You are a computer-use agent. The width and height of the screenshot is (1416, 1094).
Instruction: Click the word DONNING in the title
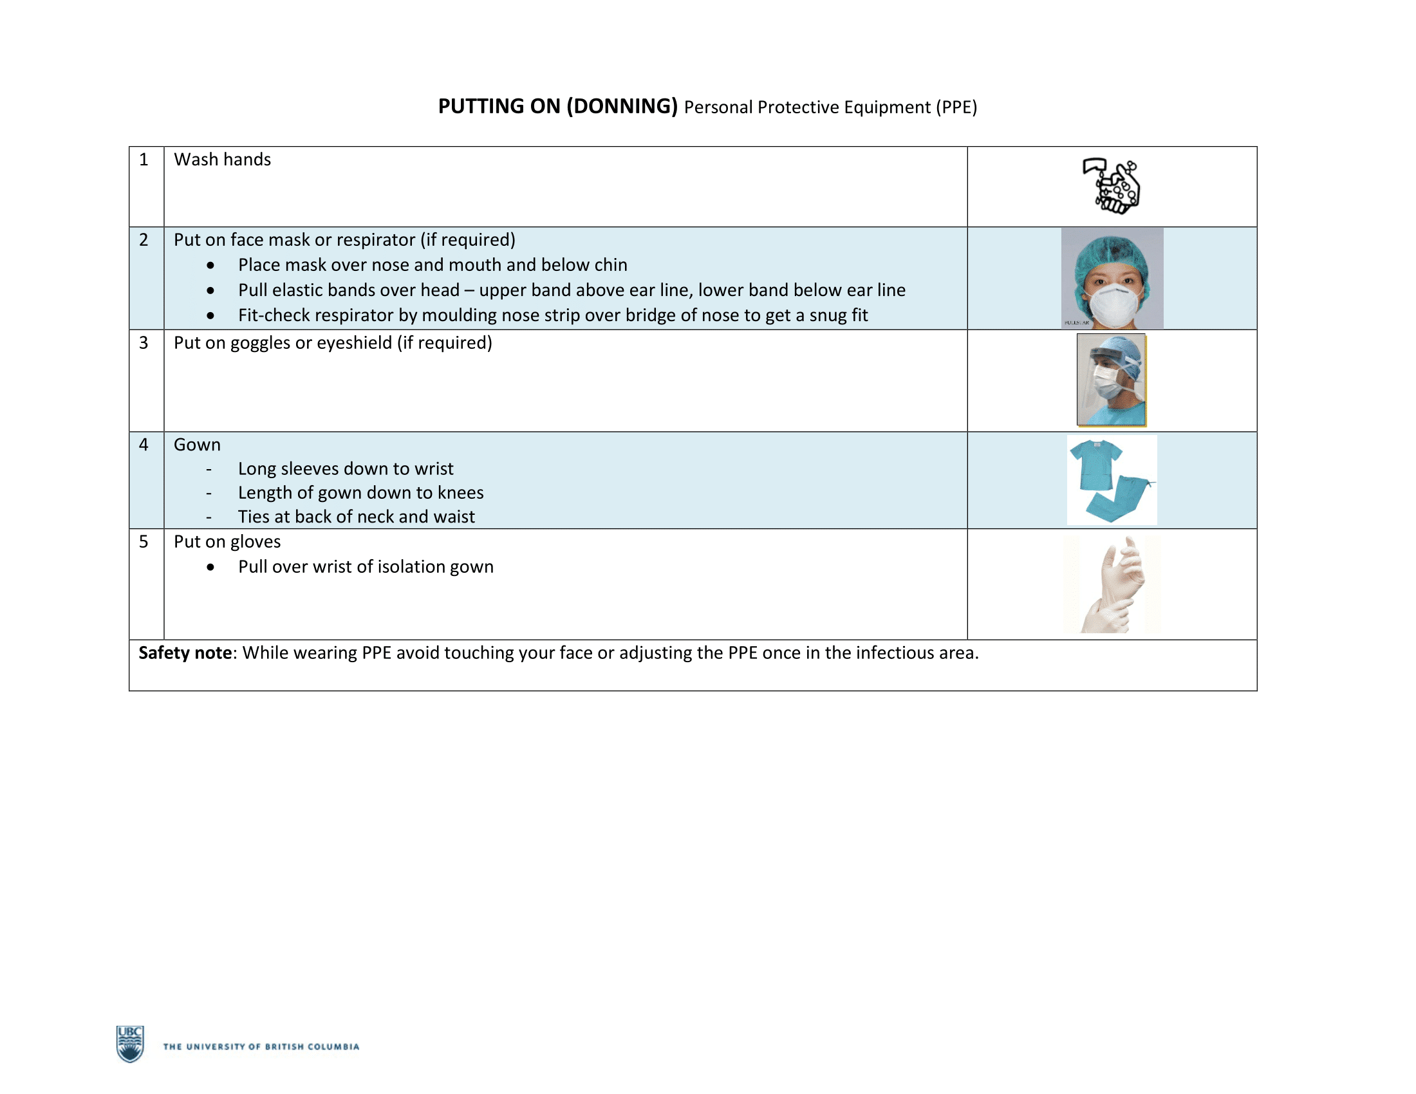pos(622,106)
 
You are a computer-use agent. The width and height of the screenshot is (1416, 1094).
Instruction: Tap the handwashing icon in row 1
pos(1112,186)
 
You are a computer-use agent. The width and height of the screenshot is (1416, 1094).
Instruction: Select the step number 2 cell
pos(144,240)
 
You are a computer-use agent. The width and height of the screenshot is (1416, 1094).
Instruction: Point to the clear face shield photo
pos(1111,380)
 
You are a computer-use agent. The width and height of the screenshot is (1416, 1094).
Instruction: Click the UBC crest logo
pos(129,1043)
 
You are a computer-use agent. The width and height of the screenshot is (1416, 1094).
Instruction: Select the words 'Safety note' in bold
pos(185,653)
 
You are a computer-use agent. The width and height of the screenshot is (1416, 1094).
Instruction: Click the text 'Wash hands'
pos(222,160)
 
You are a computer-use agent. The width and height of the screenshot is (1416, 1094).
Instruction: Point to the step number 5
pos(144,542)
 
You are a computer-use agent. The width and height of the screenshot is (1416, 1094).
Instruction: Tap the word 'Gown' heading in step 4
pos(197,445)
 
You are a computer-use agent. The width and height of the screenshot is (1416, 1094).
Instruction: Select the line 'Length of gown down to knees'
pos(360,492)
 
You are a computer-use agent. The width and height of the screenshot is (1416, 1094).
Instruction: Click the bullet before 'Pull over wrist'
pos(210,567)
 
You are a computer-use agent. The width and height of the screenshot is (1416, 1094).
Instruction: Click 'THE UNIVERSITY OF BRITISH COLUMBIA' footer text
pos(261,1046)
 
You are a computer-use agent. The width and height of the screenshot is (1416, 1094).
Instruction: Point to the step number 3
pos(144,343)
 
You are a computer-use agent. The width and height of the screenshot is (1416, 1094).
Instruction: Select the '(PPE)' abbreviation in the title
pos(956,107)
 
